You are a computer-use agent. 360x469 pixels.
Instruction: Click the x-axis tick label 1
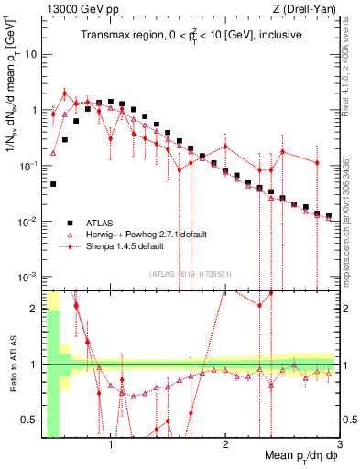coord(111,443)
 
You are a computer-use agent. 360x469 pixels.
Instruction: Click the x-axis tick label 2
coord(225,443)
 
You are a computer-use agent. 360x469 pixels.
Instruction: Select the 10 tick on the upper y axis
coord(31,54)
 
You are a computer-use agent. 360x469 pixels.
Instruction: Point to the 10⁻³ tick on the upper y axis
coord(27,277)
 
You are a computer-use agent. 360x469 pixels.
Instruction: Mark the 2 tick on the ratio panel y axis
coord(33,308)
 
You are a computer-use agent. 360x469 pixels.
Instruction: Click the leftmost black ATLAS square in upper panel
coord(53,184)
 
